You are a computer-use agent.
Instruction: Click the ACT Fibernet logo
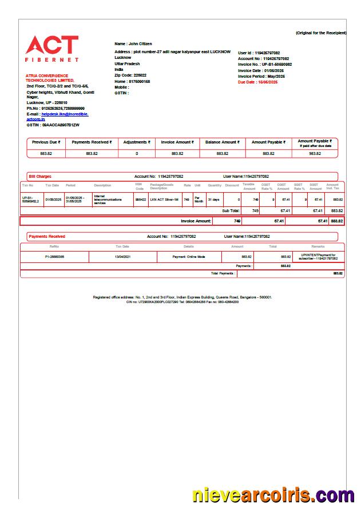52,49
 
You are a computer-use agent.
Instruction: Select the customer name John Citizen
133,43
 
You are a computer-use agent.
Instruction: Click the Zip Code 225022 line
130,75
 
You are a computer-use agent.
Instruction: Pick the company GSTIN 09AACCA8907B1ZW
53,125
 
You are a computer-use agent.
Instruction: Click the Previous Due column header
46,142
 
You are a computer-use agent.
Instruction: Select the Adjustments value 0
137,153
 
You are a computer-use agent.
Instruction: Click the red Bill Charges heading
40,177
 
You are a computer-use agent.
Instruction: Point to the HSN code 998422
140,199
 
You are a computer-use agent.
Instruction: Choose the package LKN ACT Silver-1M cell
165,199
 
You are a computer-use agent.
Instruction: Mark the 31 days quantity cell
213,199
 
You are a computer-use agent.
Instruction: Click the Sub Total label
231,211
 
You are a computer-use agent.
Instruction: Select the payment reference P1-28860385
54,257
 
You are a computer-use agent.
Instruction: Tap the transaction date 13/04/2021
122,257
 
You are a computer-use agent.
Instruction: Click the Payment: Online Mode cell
189,257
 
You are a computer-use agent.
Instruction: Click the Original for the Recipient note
320,33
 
